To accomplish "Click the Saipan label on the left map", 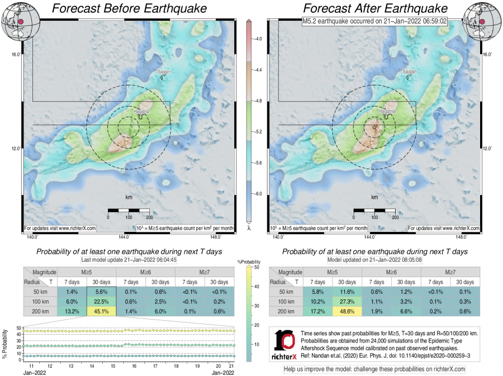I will (x=162, y=72).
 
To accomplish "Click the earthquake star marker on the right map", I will (x=374, y=128).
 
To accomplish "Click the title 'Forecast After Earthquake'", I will (x=375, y=9).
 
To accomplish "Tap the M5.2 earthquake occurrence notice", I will (x=375, y=22).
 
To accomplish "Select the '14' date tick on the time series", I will (x=92, y=366).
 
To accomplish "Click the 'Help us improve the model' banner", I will (x=374, y=369).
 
